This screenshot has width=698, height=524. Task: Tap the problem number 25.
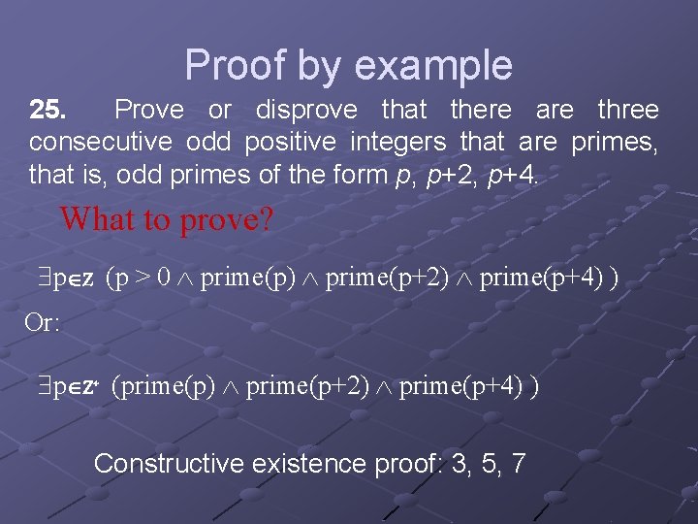(48, 110)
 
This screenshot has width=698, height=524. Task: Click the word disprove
(305, 110)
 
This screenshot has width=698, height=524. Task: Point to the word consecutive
(101, 143)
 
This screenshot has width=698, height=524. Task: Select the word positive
(289, 143)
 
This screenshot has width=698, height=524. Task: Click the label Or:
(43, 322)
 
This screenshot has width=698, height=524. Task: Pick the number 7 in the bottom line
(518, 464)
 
